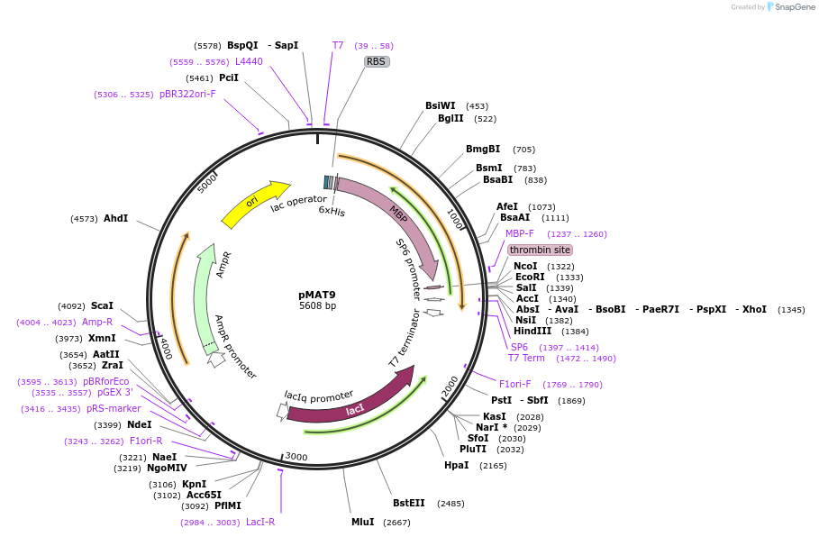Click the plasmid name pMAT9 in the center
(317, 295)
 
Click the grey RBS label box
(376, 62)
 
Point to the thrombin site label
(540, 250)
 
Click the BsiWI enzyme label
(441, 106)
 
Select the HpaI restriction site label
(457, 466)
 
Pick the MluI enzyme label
(363, 523)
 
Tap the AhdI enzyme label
(115, 219)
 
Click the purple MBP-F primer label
(520, 234)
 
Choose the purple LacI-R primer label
(260, 522)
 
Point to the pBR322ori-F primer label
(187, 95)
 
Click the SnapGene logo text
(796, 7)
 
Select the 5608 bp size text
(317, 306)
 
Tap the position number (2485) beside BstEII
(450, 504)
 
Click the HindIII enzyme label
(532, 332)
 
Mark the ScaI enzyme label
(102, 306)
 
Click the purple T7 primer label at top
(338, 46)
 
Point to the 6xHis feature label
(332, 212)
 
